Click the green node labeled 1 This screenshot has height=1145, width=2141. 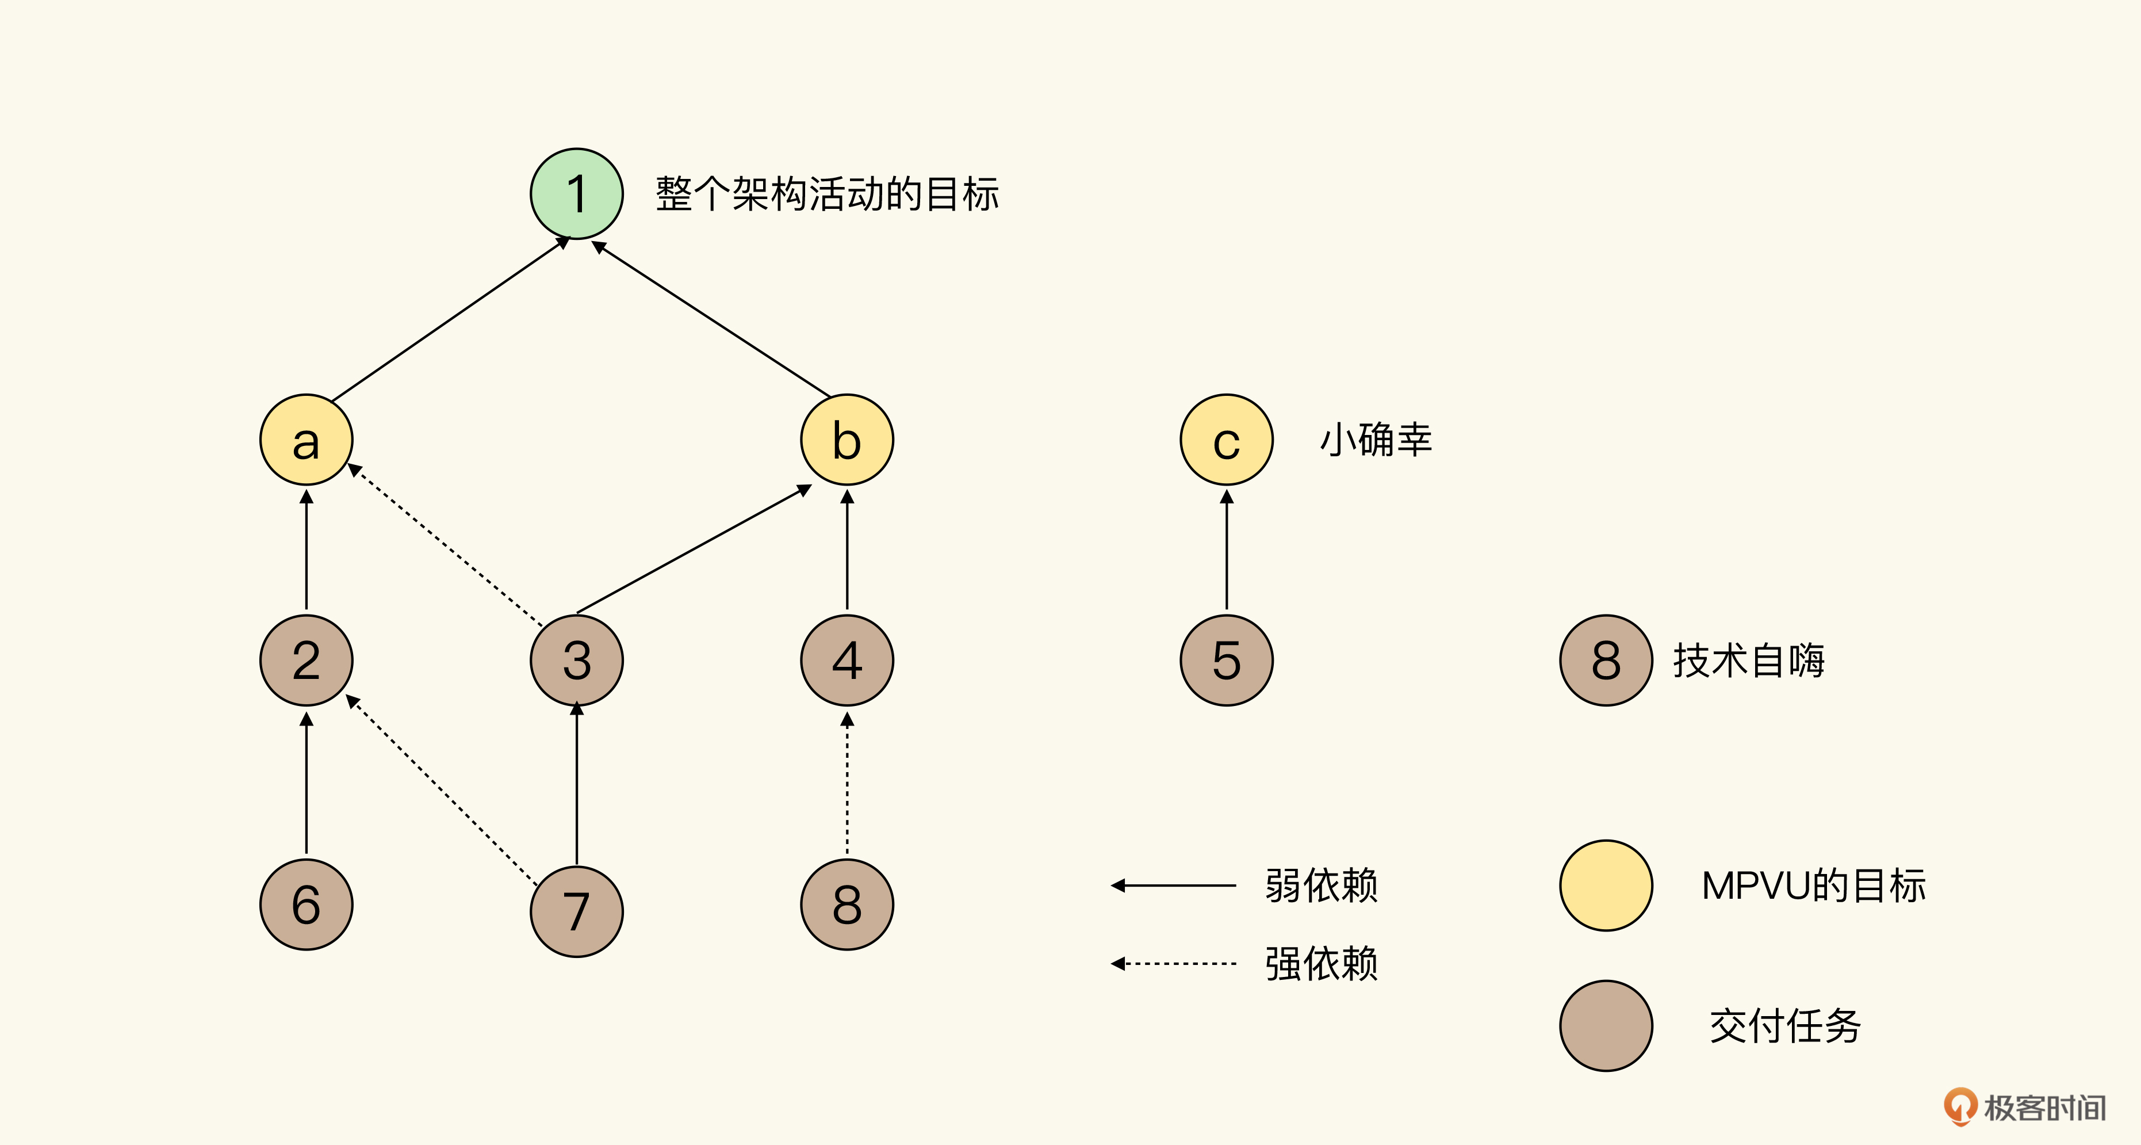click(576, 194)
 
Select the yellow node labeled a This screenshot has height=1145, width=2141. click(306, 440)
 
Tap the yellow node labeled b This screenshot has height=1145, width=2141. click(847, 440)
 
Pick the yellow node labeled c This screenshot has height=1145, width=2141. click(1226, 440)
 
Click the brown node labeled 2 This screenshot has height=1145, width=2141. click(306, 660)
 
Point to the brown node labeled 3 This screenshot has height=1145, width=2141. click(576, 660)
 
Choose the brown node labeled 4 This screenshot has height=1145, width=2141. click(847, 660)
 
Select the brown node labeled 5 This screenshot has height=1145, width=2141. click(1226, 660)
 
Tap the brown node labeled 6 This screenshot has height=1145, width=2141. click(306, 904)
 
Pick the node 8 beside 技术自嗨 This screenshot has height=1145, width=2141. click(1606, 660)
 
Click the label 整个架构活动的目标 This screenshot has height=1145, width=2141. click(827, 194)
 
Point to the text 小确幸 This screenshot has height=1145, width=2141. click(1376, 440)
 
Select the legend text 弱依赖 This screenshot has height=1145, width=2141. click(1322, 886)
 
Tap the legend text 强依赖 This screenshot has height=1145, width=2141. click(1322, 964)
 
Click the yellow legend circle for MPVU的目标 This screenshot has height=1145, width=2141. click(1606, 886)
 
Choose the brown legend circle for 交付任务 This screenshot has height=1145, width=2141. click(1606, 1025)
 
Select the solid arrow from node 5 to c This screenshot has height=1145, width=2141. click(1226, 551)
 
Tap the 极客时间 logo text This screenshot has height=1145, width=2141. click(2044, 1108)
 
